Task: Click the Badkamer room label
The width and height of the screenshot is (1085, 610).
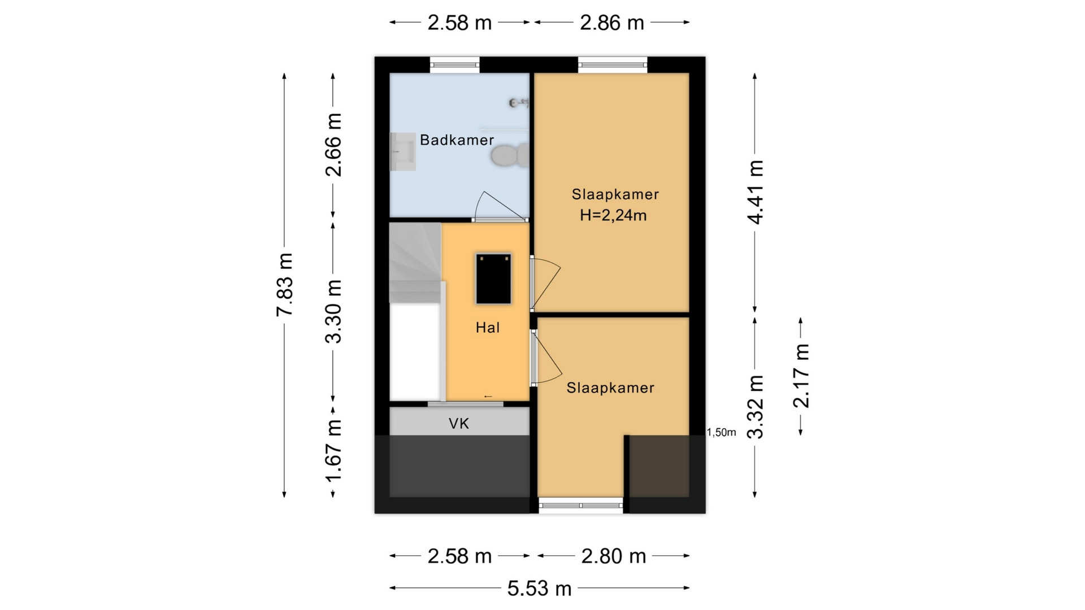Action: click(x=457, y=140)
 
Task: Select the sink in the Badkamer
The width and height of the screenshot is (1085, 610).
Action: click(x=403, y=151)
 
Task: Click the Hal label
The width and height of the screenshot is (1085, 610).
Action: click(x=488, y=328)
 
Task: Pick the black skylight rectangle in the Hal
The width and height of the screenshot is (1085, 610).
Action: click(x=493, y=279)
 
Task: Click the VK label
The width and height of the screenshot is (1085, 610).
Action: click(x=459, y=424)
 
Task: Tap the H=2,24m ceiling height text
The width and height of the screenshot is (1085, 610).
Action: click(x=613, y=215)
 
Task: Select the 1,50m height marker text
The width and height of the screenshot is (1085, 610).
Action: click(x=722, y=433)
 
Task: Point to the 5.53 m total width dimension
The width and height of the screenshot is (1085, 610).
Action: click(x=539, y=589)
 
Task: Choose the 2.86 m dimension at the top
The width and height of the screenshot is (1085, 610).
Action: click(x=612, y=23)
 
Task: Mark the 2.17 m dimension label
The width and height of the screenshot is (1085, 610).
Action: click(x=801, y=376)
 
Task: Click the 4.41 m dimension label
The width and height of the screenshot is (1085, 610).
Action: click(x=756, y=192)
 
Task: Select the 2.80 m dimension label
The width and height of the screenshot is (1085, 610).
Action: click(x=614, y=556)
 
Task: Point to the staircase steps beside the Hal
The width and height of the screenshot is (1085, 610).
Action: click(x=415, y=263)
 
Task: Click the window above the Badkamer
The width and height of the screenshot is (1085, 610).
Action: click(x=455, y=64)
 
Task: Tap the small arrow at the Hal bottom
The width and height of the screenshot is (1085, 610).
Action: click(x=488, y=396)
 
